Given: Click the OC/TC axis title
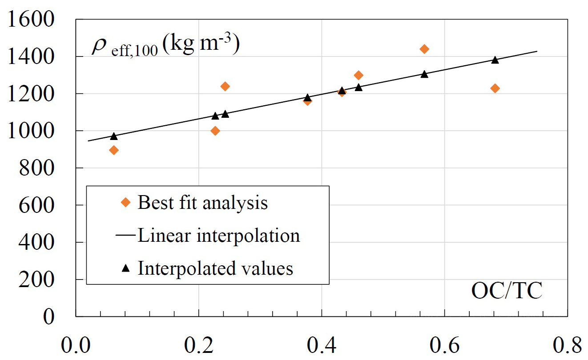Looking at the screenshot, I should pos(507,292).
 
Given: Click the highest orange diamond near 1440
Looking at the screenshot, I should pos(424,49).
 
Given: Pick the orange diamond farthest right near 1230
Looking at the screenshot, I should pos(495,88).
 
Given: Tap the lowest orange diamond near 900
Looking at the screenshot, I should pos(114,150).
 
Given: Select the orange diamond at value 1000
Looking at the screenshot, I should pos(215,131).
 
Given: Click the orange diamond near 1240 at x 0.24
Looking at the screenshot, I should pos(225,86).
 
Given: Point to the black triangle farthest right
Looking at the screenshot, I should pos(495,60).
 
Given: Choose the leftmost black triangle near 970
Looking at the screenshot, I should pos(114,136).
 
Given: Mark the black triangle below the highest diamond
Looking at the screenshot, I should pos(424,74).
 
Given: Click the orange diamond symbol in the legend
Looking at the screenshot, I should pos(126,203).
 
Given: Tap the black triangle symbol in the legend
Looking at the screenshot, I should pos(126,268).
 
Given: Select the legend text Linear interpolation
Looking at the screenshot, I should pos(219,235).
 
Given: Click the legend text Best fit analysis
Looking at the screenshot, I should pos(203,203).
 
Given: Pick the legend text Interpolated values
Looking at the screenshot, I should pos(215,268).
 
